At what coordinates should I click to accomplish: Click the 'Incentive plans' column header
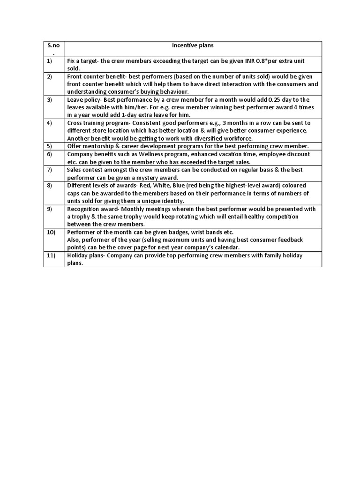tap(193, 45)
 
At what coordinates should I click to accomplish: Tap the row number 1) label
tap(49, 61)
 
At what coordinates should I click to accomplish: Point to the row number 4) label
tap(49, 123)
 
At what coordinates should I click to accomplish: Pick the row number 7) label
tap(49, 170)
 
